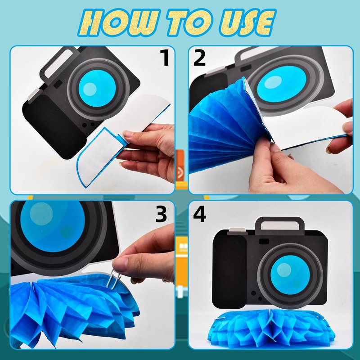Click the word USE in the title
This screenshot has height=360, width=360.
click(x=247, y=22)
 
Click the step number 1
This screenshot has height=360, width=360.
click(x=165, y=58)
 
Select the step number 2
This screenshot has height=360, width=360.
click(x=199, y=58)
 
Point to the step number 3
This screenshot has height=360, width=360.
click(x=161, y=214)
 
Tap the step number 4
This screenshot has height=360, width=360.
click(x=199, y=214)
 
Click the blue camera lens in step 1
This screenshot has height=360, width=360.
click(x=97, y=88)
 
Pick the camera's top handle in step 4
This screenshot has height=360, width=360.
click(x=279, y=224)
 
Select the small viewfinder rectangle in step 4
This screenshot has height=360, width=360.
click(x=264, y=241)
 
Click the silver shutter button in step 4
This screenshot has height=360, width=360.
click(x=237, y=229)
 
